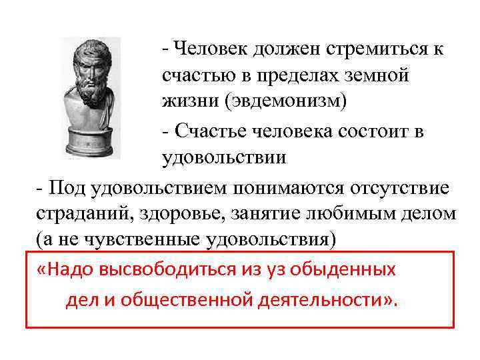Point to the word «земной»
point(377,76)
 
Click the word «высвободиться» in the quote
point(165,269)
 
